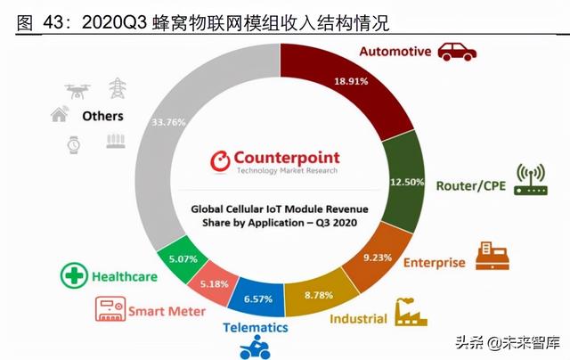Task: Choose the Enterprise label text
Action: pyautogui.click(x=434, y=263)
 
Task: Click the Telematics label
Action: pyautogui.click(x=255, y=327)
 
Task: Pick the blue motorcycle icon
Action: pyautogui.click(x=255, y=348)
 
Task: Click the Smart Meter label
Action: pyautogui.click(x=167, y=311)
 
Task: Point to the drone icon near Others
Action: pyautogui.click(x=77, y=89)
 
